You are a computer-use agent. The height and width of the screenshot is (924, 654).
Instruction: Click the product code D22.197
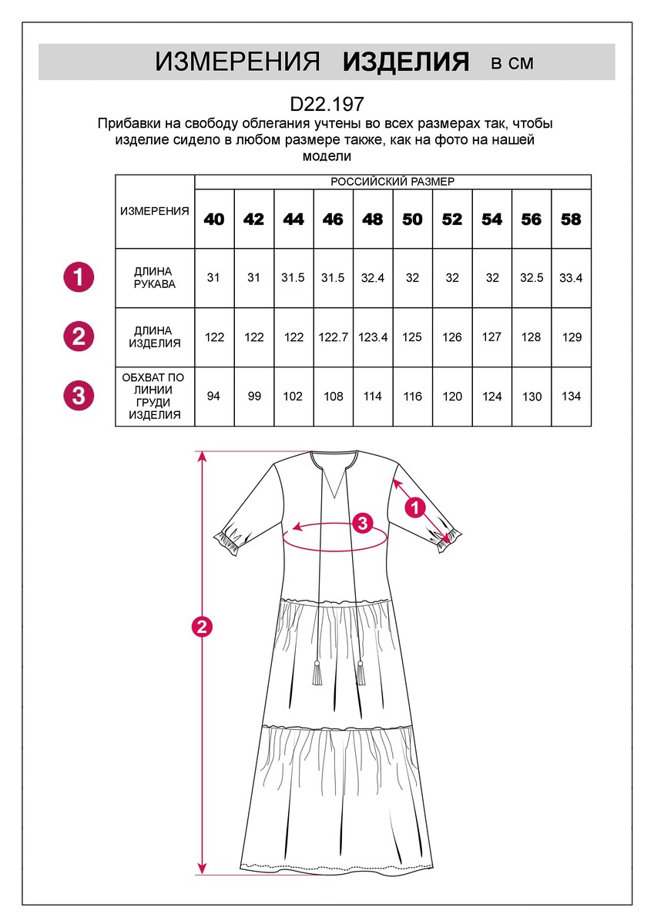[x=327, y=104]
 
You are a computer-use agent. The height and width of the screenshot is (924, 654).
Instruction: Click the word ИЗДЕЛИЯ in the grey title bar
[x=406, y=62]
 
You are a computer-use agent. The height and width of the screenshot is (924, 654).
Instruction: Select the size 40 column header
[x=214, y=219]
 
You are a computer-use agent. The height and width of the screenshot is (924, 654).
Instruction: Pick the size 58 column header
[x=571, y=219]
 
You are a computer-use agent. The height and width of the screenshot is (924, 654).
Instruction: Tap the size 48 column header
[x=373, y=219]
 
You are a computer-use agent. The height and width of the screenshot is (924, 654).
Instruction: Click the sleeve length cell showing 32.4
[x=373, y=278]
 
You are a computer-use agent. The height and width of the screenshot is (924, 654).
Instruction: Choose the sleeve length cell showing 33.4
[x=571, y=278]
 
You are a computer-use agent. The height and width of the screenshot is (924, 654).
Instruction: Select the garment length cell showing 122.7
[x=333, y=337]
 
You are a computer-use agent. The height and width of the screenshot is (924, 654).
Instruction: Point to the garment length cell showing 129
[x=571, y=337]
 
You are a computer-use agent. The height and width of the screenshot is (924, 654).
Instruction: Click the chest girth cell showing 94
[x=214, y=397]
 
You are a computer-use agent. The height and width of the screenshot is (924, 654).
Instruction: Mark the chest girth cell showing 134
[x=571, y=397]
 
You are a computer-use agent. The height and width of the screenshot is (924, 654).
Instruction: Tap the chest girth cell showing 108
[x=333, y=397]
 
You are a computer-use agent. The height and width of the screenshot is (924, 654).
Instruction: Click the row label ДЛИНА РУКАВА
[x=154, y=278]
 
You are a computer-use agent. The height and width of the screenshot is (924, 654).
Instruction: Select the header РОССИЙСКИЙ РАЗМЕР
[x=392, y=182]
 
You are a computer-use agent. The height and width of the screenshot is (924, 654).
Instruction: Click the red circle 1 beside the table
[x=78, y=276]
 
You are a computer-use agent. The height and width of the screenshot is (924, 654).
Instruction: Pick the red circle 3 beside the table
[x=78, y=396]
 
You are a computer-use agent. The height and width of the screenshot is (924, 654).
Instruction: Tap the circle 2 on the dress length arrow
[x=202, y=628]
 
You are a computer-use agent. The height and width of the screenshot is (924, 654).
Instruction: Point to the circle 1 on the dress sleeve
[x=415, y=507]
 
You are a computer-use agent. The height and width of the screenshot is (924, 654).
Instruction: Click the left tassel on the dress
[x=317, y=675]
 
